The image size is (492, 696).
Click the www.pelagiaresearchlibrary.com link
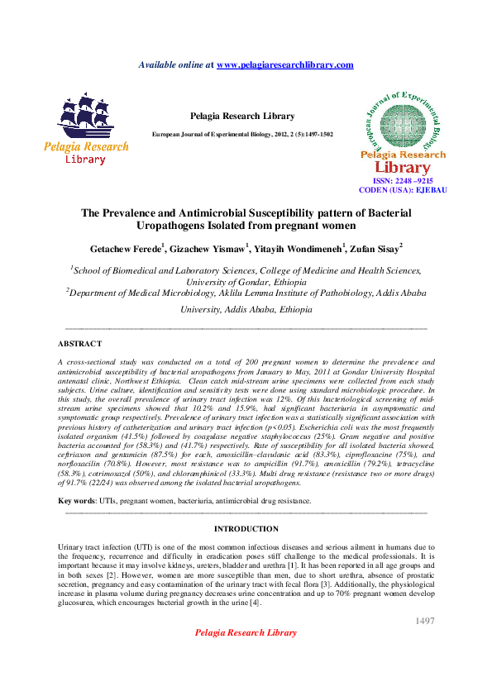[x=284, y=64]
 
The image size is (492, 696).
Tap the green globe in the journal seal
[x=403, y=122]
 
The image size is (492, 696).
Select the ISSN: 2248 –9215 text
[x=403, y=180]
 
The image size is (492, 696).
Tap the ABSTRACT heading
[x=79, y=343]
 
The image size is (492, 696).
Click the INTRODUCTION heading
[x=246, y=528]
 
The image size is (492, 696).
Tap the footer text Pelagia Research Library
[x=246, y=633]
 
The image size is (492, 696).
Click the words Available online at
[x=175, y=64]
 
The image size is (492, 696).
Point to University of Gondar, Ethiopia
[x=246, y=281]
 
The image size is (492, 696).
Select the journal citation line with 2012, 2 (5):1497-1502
[x=242, y=134]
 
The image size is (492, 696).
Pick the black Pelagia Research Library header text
[x=242, y=117]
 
